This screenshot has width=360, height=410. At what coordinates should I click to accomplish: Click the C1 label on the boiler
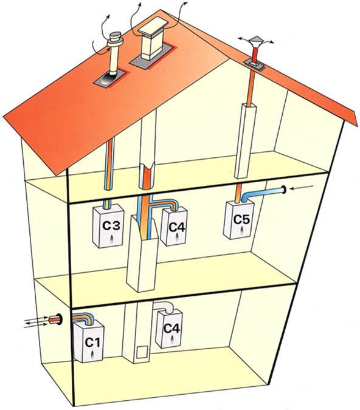tap(92, 342)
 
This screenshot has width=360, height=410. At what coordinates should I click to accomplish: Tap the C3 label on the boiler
tap(111, 225)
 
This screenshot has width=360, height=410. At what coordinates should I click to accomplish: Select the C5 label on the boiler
tap(241, 219)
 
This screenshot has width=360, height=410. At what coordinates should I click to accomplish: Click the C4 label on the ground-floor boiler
tap(171, 329)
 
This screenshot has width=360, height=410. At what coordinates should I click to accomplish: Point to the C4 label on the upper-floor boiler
tap(177, 227)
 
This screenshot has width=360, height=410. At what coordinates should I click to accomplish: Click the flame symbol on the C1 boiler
tap(93, 355)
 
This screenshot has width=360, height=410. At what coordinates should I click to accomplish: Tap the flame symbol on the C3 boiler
tap(112, 238)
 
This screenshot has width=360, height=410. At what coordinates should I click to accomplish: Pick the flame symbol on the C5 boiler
tap(241, 231)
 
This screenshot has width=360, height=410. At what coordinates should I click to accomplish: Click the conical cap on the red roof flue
tap(254, 40)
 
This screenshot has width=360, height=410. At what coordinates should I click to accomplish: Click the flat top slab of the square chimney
tap(153, 26)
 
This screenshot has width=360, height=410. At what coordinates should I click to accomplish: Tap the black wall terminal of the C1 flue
tap(60, 319)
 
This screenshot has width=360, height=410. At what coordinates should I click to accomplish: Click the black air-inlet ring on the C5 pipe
tap(283, 190)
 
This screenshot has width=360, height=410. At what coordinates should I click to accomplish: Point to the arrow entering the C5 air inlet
tap(302, 188)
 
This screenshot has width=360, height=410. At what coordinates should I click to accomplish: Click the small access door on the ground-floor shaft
tap(142, 352)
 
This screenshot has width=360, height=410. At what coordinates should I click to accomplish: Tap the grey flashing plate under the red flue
tap(254, 64)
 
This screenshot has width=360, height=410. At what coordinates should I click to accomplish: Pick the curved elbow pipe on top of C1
tap(83, 318)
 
